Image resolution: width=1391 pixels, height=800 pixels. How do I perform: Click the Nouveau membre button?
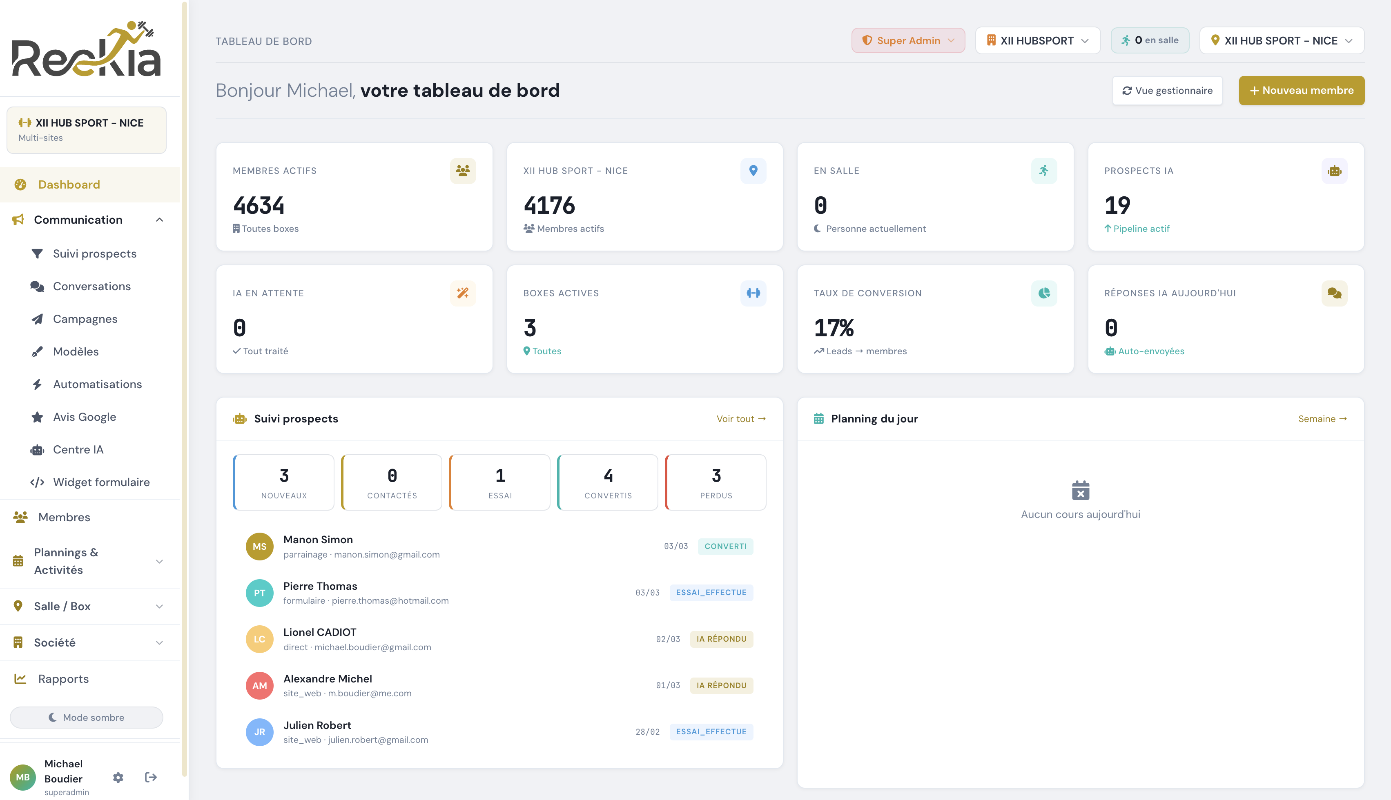coord(1301,90)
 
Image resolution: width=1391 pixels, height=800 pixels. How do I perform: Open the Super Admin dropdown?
coord(907,41)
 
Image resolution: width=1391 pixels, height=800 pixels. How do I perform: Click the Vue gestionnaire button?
coord(1167,91)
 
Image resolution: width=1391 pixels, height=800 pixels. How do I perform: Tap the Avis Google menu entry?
coord(84,417)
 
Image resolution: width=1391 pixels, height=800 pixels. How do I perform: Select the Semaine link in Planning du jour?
coord(1322,419)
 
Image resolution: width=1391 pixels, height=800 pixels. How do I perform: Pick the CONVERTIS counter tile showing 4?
coord(607,482)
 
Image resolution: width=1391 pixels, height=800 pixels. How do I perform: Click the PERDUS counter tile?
coord(716,482)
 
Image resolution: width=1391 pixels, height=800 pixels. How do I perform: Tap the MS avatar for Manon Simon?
coord(259,546)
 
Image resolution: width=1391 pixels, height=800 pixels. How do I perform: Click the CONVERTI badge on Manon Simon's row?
coord(725,546)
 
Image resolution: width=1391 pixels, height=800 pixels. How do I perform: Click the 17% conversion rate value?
coord(834,328)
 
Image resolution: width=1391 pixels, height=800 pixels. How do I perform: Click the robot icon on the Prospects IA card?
coord(1334,171)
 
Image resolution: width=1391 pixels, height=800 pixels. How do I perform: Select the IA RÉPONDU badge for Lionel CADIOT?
coord(721,639)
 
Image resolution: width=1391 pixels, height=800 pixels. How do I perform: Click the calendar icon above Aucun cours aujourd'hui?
coord(1080,490)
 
